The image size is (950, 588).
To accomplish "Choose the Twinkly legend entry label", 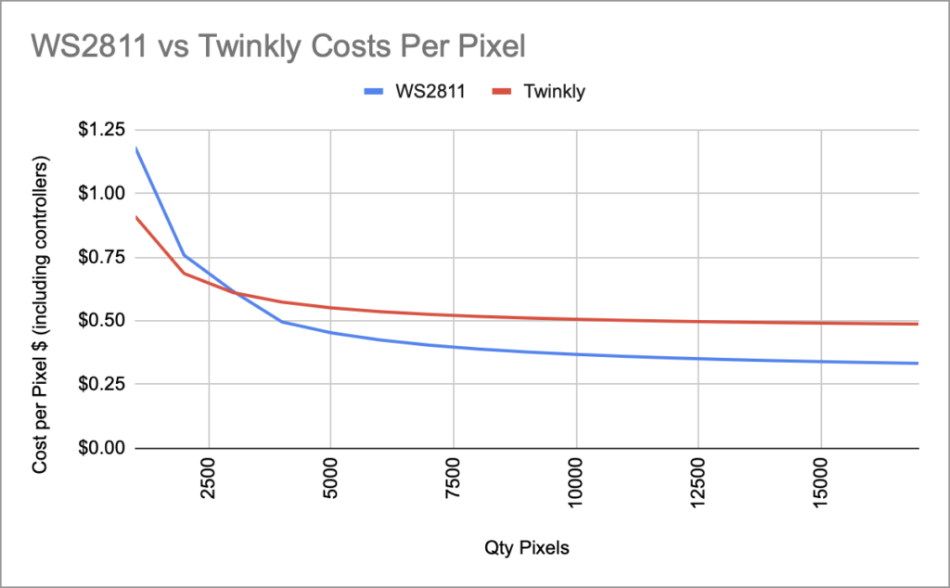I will pos(554,92).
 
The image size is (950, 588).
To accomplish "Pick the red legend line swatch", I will pos(501,92).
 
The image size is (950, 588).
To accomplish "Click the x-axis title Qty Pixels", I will pos(526,548).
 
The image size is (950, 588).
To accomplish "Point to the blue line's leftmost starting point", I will pos(136,147).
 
